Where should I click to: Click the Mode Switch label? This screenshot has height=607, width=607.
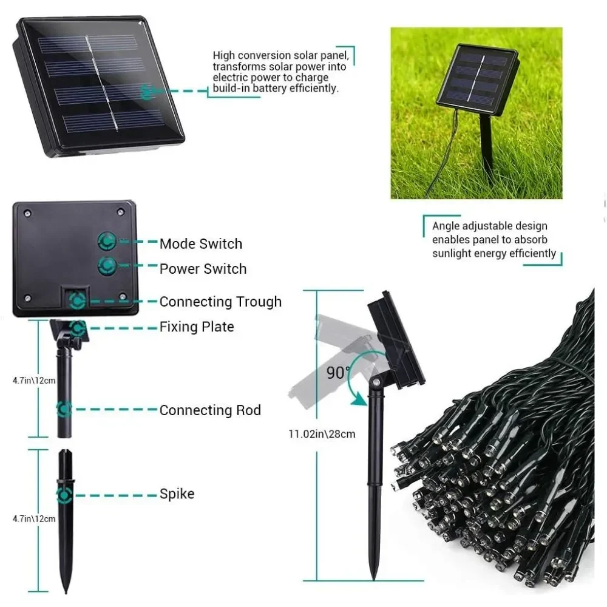201,244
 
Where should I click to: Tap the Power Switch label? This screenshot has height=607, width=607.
203,269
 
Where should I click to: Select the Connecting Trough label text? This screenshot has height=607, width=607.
220,302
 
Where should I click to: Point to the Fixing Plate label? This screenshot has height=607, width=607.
197,327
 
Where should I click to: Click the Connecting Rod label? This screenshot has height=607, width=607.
210,410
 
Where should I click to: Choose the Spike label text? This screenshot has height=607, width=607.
177,494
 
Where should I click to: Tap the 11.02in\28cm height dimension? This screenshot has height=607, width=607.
322,434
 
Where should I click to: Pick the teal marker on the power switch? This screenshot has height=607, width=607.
107,265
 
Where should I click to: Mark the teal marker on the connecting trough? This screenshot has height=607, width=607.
77,300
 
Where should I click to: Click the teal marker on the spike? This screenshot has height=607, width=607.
64,495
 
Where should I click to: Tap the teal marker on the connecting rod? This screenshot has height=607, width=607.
64,409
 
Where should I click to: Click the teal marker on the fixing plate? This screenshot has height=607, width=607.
78,328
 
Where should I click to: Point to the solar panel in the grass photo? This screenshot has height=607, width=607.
477,80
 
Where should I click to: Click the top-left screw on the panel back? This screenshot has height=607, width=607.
27,213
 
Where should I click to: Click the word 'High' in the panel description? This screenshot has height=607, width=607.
224,56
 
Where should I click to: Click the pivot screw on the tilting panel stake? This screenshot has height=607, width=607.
375,382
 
